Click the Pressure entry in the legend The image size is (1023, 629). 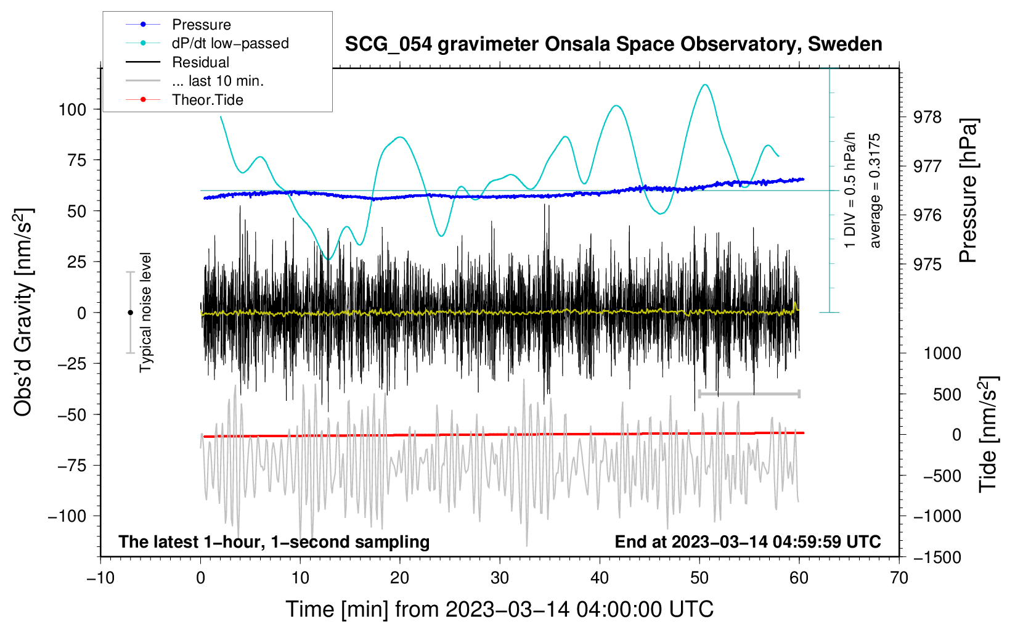(201, 25)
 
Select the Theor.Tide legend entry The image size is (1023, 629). (207, 100)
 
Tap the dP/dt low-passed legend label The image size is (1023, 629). (230, 43)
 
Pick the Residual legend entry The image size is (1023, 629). (200, 62)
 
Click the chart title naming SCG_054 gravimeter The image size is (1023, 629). (613, 44)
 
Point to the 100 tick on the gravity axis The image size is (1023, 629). (72, 110)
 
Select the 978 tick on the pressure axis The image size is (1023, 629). (927, 117)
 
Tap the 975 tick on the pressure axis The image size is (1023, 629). (927, 265)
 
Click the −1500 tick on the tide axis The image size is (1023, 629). (937, 557)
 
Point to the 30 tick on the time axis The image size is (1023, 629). (500, 578)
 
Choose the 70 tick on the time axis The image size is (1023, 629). (899, 578)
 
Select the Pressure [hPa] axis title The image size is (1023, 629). (968, 191)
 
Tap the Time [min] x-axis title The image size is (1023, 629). (499, 609)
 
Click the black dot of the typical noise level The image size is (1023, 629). (130, 313)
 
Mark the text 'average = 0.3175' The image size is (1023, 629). (875, 191)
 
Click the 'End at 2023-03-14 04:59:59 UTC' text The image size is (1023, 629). (748, 541)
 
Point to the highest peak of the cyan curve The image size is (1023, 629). (705, 84)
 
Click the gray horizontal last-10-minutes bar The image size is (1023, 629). (749, 393)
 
